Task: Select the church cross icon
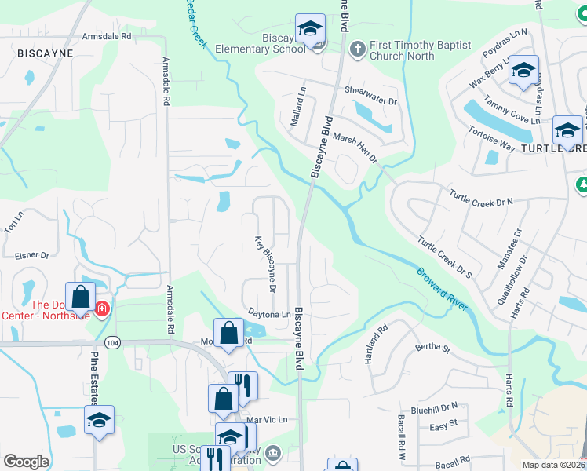tap(357, 49)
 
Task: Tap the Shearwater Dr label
tap(371, 91)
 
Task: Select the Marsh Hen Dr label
tap(355, 146)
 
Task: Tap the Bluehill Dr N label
tap(433, 407)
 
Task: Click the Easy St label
tap(443, 426)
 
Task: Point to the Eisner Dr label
tap(32, 255)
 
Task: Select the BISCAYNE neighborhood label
tap(45, 53)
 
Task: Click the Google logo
tap(26, 462)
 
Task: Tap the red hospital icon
tap(101, 312)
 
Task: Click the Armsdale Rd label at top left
tap(107, 36)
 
